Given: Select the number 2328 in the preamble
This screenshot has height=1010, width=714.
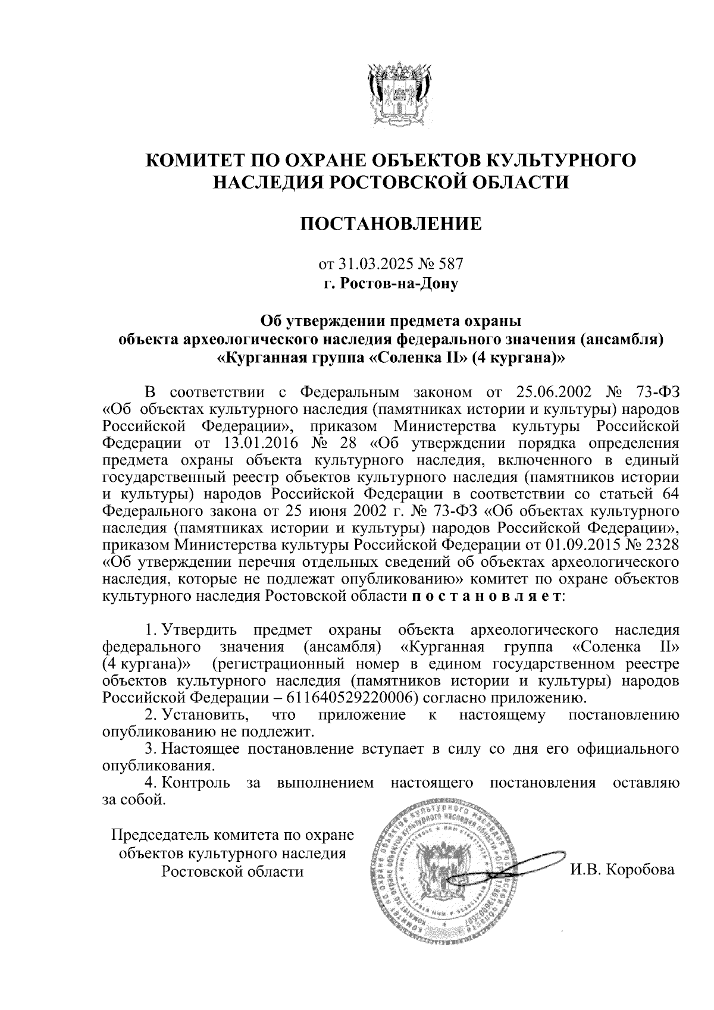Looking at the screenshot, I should pyautogui.click(x=661, y=544).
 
